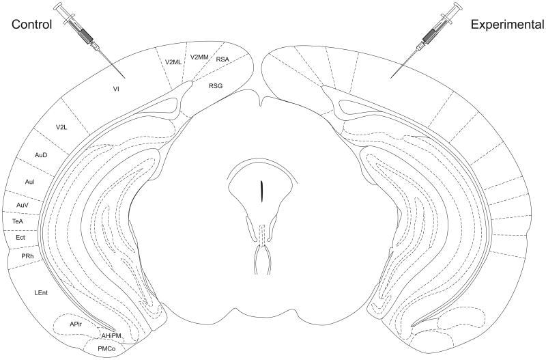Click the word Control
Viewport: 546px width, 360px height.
33,26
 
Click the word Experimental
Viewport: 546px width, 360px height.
507,26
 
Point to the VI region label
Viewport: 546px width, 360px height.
117,88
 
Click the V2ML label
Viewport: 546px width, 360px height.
174,62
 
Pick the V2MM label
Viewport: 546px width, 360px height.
200,57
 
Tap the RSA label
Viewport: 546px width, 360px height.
222,59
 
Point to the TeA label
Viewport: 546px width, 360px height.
18,221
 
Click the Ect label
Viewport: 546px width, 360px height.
20,237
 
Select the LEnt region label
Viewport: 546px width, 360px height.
41,292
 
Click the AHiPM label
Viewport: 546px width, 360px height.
111,335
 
